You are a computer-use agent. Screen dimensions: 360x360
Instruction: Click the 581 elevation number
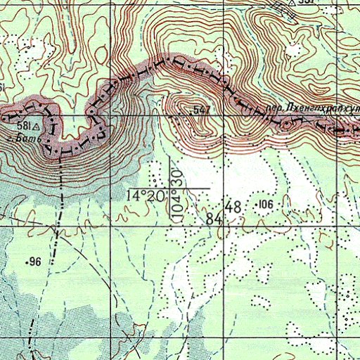[23, 125]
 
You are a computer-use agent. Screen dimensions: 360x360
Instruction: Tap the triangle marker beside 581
[35, 125]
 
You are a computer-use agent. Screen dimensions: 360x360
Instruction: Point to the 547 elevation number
[202, 110]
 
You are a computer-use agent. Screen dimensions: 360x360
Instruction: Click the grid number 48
[234, 207]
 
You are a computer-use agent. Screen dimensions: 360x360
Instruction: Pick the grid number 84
[214, 219]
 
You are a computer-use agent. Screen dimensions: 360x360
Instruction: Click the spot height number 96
[37, 262]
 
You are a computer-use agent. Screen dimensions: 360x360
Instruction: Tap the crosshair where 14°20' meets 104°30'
[169, 188]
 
